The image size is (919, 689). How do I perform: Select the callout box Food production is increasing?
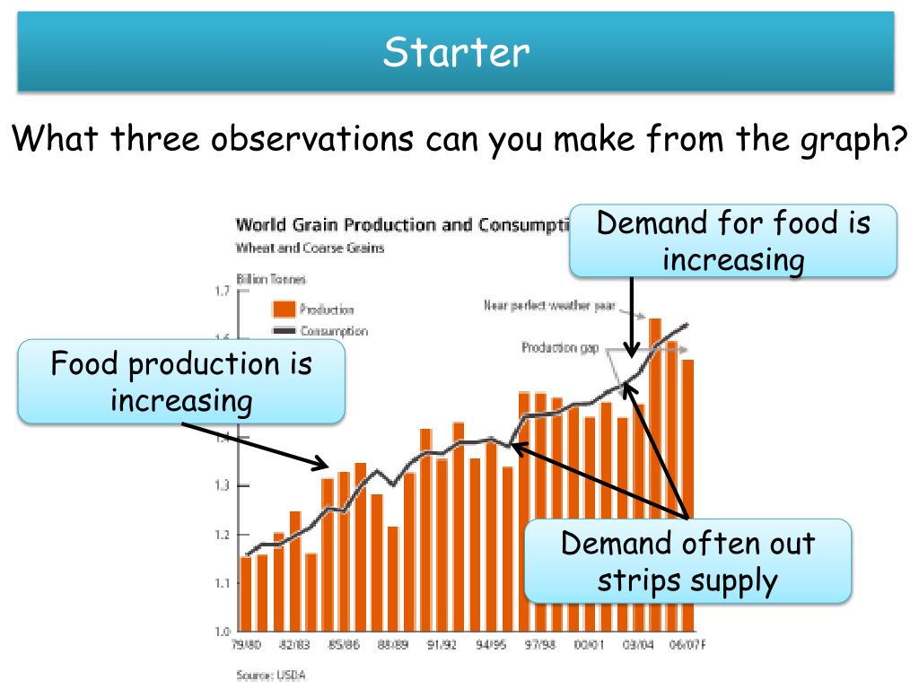(x=181, y=381)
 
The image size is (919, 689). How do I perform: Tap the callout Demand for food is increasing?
(x=733, y=240)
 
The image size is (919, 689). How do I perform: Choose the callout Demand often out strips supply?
(x=687, y=562)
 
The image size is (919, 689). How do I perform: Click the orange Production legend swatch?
(x=284, y=310)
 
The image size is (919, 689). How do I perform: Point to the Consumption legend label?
(x=333, y=331)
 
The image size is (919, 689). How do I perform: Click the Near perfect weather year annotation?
(x=549, y=306)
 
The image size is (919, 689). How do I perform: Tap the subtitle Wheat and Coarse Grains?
(x=310, y=248)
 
